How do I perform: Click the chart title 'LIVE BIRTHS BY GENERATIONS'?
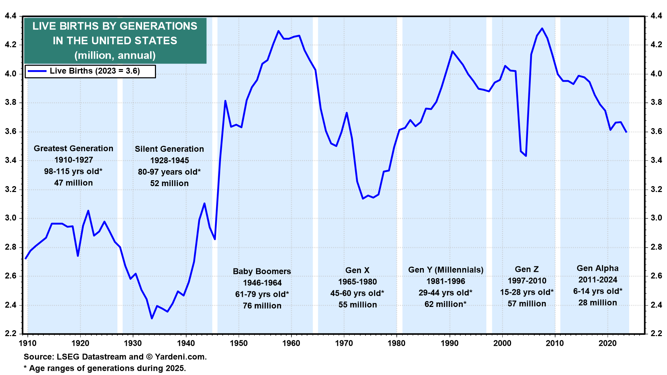[x=115, y=26]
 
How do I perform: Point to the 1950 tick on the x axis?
[x=239, y=343]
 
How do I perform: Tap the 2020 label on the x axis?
[x=608, y=343]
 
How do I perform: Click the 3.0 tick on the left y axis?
[x=11, y=218]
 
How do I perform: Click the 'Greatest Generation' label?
[x=73, y=149]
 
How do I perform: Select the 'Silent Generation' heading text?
[x=169, y=149]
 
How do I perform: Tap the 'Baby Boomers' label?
[x=262, y=272]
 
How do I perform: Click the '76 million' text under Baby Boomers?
[x=262, y=306]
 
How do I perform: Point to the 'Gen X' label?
[x=357, y=270]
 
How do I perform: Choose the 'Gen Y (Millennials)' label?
[x=446, y=270]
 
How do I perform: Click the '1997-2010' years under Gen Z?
[x=527, y=281]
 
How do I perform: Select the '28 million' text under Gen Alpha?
[x=598, y=303]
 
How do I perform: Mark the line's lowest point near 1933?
[x=152, y=318]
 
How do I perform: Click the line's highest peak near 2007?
[x=542, y=28]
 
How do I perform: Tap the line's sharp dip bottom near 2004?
[x=526, y=156]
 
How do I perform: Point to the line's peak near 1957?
[x=278, y=31]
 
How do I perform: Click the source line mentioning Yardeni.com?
[x=115, y=357]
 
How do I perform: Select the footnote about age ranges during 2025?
[x=105, y=368]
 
